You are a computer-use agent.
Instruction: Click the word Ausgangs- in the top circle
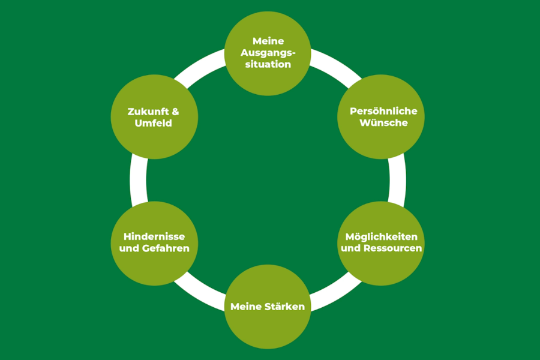point(268,53)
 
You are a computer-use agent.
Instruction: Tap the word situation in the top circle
point(268,64)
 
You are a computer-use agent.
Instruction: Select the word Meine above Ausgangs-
point(268,41)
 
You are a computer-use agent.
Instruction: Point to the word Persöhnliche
point(383,111)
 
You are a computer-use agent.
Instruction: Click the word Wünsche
point(383,122)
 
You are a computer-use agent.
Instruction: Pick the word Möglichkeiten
point(381,237)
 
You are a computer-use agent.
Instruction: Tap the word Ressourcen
point(392,248)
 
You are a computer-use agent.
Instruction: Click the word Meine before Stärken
point(245,307)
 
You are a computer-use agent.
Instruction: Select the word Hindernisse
point(154,236)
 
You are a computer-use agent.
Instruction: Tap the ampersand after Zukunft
point(175,112)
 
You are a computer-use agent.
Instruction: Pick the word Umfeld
point(153,123)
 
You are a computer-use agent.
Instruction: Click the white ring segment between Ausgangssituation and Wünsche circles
point(337,66)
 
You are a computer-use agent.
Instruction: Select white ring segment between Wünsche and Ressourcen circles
point(397,180)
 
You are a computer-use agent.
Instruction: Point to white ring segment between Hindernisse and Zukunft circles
point(138,180)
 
